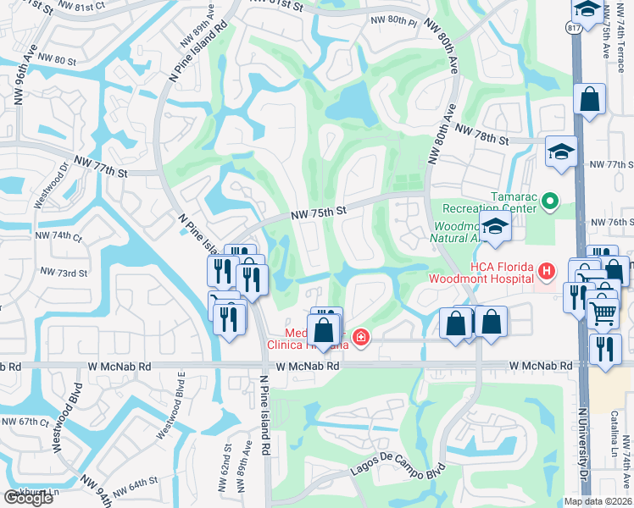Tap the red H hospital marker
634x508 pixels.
pos(547,271)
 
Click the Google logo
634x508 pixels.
pos(28,498)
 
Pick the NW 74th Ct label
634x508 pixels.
pos(58,236)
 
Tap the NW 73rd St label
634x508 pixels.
pos(64,273)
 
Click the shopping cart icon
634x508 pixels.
pos(603,312)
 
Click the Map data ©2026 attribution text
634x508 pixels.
pos(598,501)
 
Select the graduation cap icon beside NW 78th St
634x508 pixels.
pos(560,152)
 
